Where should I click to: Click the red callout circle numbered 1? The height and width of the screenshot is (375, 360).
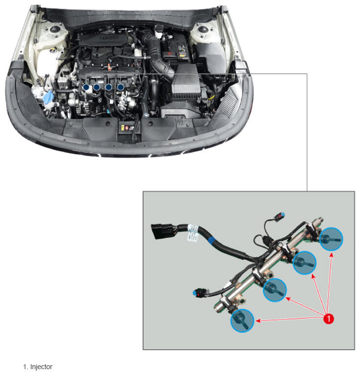tap(329, 319)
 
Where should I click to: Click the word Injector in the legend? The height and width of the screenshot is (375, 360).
tap(41, 367)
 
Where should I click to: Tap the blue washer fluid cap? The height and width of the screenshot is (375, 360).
tap(49, 97)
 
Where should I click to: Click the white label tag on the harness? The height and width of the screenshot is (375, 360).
tap(193, 233)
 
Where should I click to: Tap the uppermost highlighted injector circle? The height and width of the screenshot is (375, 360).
tap(331, 239)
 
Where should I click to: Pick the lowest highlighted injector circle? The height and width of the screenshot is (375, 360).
tap(242, 321)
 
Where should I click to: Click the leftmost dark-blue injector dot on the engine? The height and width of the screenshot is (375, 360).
tap(86, 88)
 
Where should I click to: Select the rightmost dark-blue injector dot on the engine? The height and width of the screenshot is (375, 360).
tap(120, 87)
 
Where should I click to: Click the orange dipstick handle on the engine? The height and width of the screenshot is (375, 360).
tap(109, 67)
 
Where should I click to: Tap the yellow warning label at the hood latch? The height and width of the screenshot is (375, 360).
tap(122, 127)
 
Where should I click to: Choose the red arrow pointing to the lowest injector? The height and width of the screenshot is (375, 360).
tap(289, 319)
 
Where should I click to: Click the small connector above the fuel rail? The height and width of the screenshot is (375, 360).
tap(279, 216)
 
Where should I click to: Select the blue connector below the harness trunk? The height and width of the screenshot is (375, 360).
tap(199, 293)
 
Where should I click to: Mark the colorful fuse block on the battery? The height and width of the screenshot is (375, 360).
tap(182, 51)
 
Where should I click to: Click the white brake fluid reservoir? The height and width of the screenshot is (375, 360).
tap(158, 32)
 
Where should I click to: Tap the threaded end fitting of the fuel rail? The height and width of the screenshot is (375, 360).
tap(319, 220)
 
